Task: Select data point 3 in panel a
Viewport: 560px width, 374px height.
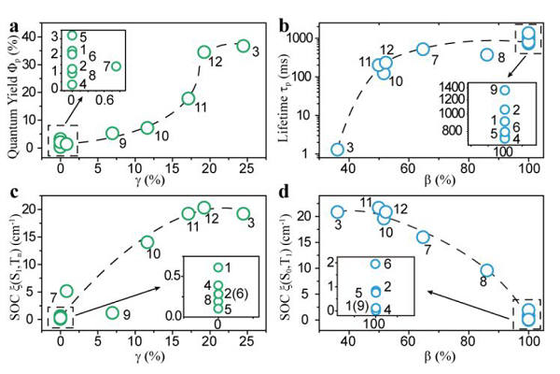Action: point(244,46)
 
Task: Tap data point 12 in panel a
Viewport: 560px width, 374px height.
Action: point(204,52)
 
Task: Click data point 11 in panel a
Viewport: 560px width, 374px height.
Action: point(189,98)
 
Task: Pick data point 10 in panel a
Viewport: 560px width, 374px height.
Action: point(147,127)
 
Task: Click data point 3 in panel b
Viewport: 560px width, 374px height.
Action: point(338,149)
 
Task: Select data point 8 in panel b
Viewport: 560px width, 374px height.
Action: point(486,54)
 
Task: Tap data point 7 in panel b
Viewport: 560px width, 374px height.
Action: point(423,49)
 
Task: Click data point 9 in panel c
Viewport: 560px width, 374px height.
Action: point(113,312)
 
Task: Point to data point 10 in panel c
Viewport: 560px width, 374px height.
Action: point(147,242)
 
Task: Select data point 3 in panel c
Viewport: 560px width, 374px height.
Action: point(244,214)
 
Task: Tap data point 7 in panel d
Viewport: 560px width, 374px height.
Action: point(423,237)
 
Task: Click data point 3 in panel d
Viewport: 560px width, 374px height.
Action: point(338,211)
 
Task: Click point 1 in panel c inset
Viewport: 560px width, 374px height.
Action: point(218,268)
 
